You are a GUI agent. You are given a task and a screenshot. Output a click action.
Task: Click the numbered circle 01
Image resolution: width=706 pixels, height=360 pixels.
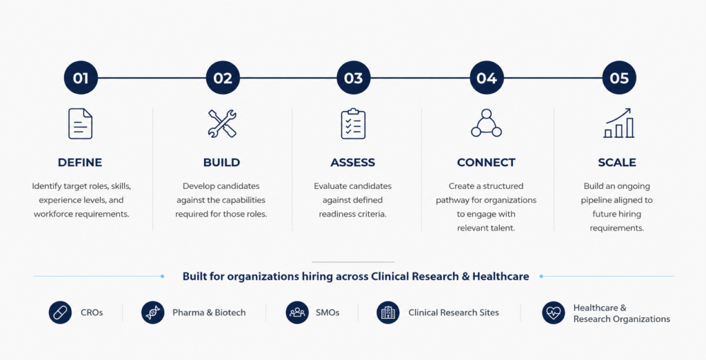pos(81,78)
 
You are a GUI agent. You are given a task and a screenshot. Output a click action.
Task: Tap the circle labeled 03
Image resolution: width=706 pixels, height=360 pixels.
pos(354,78)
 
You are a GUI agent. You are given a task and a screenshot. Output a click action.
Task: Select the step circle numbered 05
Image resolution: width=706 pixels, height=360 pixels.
pos(619,78)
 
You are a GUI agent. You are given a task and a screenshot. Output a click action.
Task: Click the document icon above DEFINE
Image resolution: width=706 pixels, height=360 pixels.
pos(80,123)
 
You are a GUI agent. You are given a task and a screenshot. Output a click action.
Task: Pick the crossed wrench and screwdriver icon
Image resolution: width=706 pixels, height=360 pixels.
pos(222,123)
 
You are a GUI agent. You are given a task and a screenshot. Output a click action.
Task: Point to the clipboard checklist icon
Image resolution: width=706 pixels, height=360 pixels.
pos(353,123)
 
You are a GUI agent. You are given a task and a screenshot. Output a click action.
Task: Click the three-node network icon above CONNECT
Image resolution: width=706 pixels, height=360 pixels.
pos(486,123)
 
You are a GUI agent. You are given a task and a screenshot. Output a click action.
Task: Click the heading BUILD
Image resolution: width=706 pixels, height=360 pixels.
pos(221,162)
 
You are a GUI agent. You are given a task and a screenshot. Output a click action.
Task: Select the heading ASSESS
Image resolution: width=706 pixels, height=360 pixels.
pos(352,162)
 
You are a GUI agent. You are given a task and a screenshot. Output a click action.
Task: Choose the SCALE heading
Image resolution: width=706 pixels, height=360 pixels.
pos(617,162)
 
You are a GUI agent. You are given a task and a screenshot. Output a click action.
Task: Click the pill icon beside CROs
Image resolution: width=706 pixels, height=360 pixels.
pos(61,312)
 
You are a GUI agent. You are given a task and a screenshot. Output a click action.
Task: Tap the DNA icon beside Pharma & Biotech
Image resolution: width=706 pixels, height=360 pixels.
pos(152,312)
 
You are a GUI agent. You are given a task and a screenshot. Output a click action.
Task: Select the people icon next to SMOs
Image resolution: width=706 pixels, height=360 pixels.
pos(297,312)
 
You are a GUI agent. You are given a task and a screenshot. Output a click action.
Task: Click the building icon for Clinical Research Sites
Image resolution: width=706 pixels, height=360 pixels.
pos(388,312)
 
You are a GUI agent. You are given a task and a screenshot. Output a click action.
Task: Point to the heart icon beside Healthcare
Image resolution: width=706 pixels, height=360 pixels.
pos(554,312)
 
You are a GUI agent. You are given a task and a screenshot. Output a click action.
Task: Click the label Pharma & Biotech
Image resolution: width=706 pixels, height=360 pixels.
pos(209,312)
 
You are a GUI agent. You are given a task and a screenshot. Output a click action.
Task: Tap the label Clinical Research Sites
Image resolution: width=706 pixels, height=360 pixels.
pos(454,312)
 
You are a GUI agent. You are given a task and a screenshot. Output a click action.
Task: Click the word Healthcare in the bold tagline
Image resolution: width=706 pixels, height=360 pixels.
pos(501,276)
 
